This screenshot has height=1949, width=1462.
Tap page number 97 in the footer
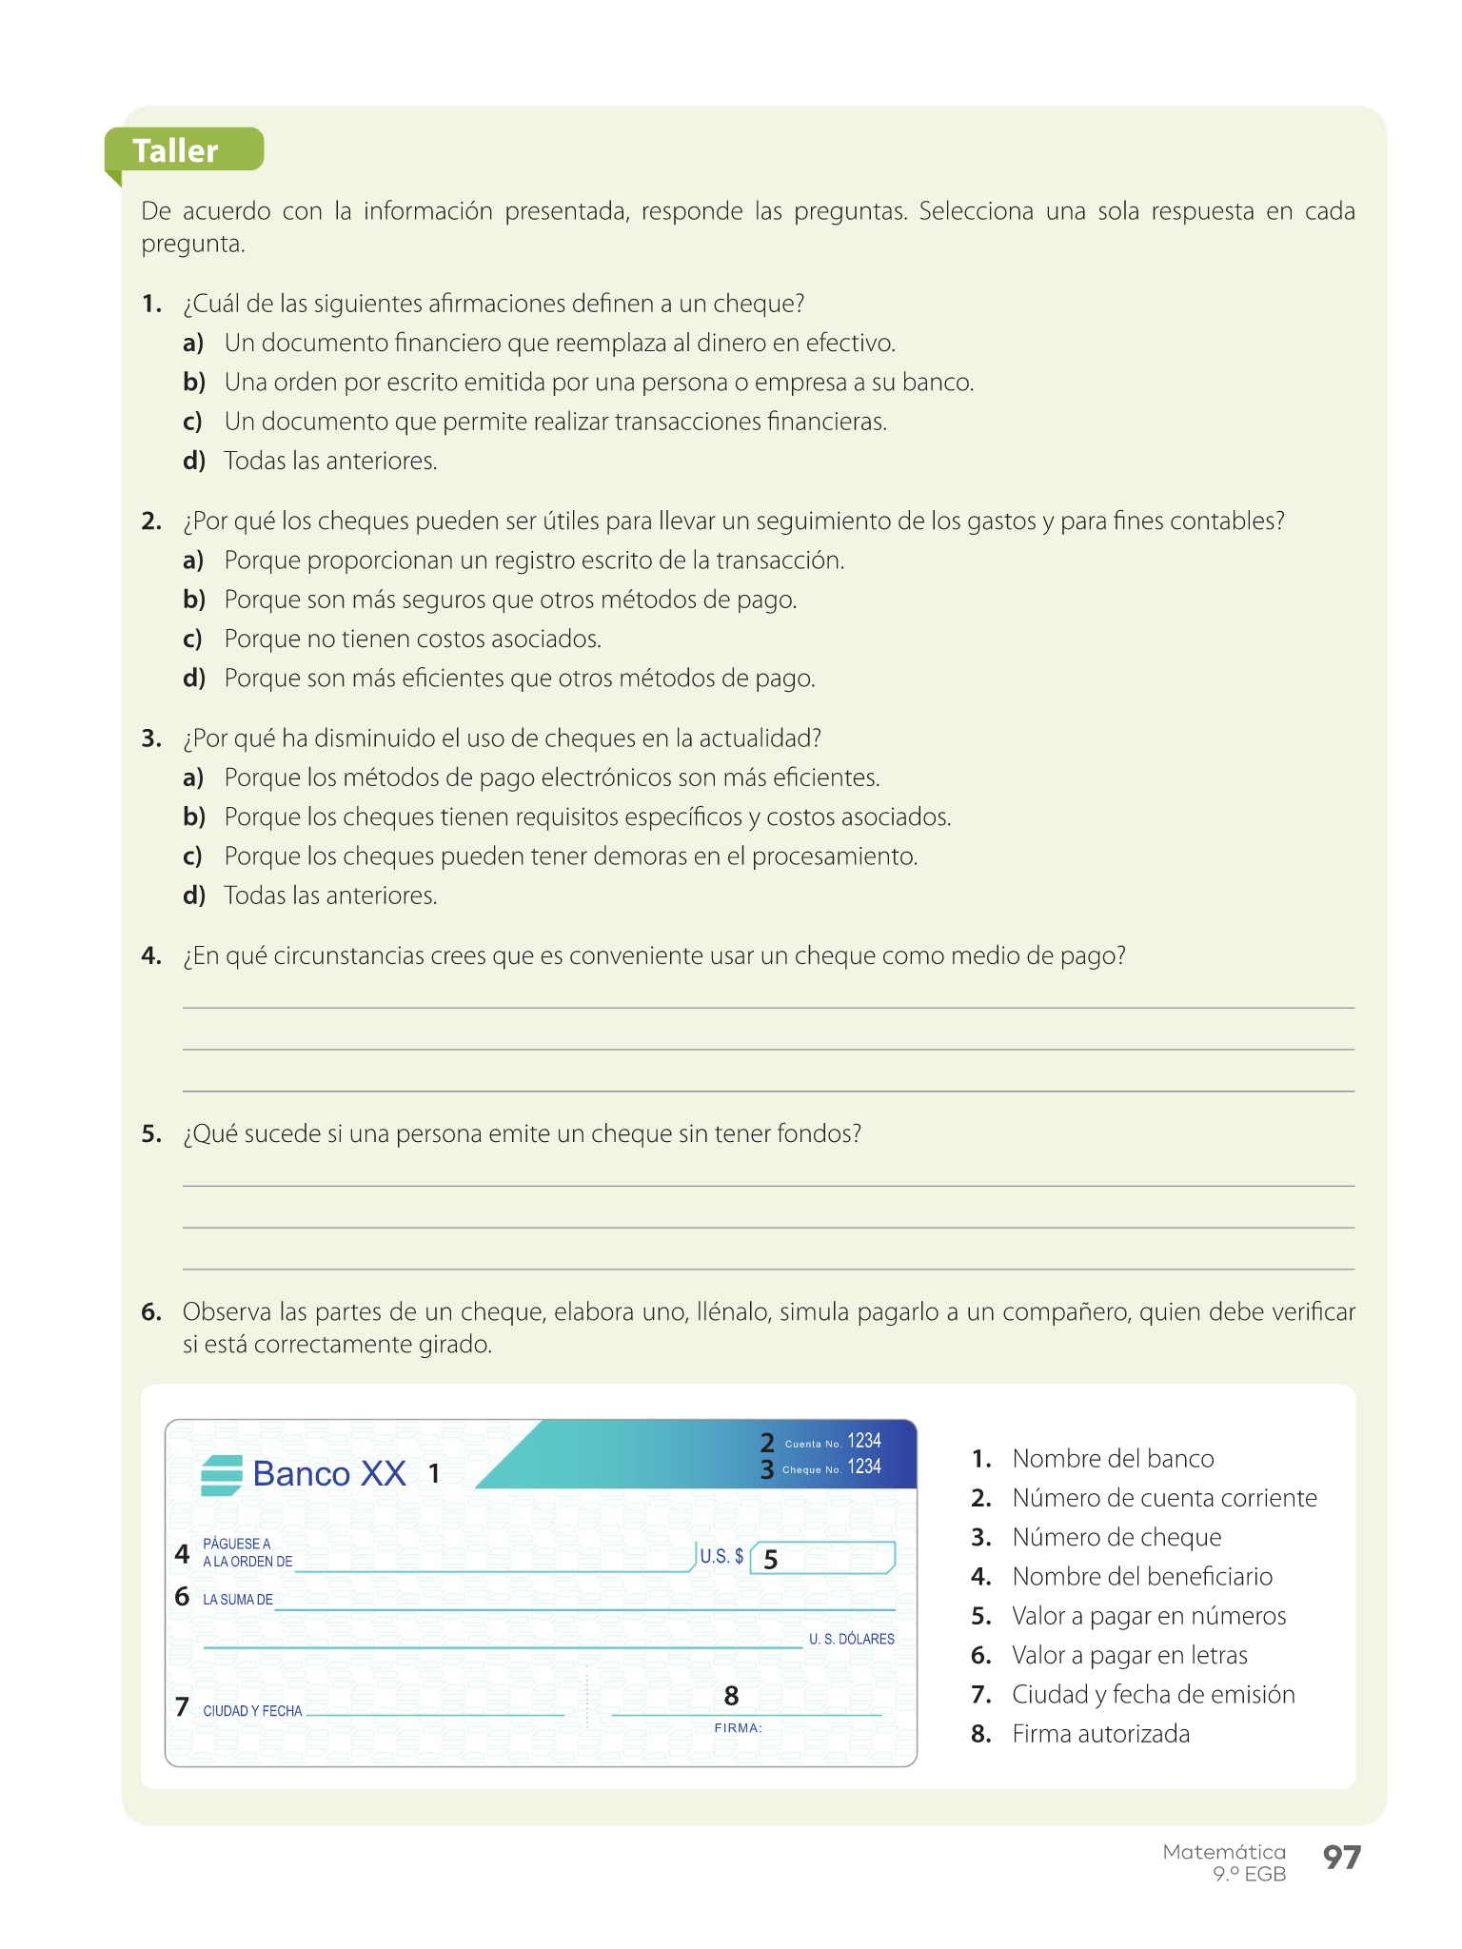coord(1342,1857)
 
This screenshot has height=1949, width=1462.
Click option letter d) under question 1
coord(193,461)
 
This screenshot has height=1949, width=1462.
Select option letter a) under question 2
coord(193,561)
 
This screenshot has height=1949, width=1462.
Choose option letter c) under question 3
coord(193,856)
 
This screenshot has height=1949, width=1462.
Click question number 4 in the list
coord(151,955)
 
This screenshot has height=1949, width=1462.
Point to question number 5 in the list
coord(151,1133)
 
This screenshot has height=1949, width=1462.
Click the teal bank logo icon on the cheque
coord(222,1475)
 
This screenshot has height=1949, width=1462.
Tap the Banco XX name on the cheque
coord(329,1474)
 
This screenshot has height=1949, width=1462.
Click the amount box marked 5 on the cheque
coord(822,1558)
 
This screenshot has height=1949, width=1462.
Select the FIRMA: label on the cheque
coord(739,1728)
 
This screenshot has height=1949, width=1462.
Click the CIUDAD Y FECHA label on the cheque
coord(252,1711)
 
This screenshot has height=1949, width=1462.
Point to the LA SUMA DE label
coord(238,1600)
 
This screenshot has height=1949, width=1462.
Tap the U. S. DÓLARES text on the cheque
coord(852,1639)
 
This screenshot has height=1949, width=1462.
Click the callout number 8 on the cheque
coord(731,1696)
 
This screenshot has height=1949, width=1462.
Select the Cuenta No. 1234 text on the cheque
coord(833,1442)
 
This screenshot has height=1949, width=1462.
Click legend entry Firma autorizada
coord(1100,1734)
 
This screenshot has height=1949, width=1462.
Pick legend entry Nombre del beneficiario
coord(1141,1577)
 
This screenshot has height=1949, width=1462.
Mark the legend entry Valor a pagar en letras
coord(1129,1655)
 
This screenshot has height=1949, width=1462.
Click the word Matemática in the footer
coord(1224,1852)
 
